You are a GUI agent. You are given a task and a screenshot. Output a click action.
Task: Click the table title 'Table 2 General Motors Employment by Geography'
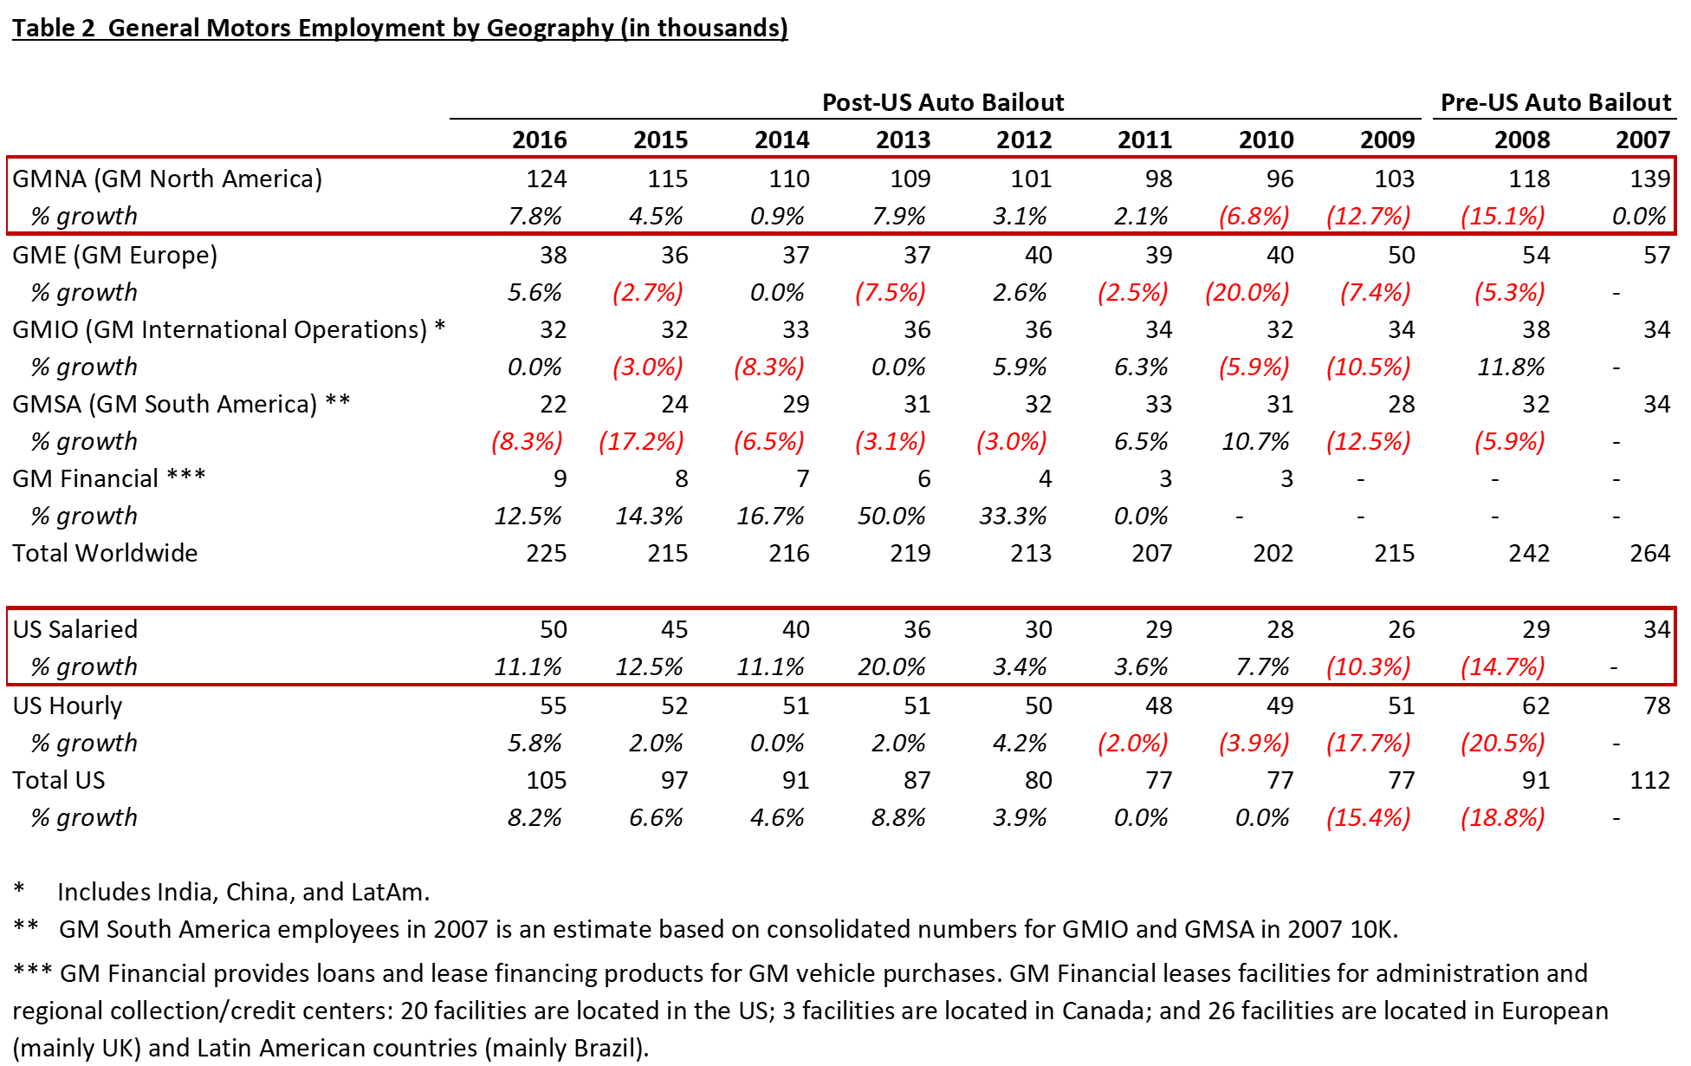tap(312, 28)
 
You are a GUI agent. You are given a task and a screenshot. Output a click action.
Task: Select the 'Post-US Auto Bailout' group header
tap(943, 102)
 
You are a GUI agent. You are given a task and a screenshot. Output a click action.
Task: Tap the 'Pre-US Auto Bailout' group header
tap(1555, 102)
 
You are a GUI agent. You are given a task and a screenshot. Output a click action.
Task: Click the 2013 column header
tap(903, 140)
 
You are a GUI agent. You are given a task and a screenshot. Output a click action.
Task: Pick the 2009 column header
tap(1387, 140)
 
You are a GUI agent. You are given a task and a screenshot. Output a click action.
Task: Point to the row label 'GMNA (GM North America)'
tap(167, 179)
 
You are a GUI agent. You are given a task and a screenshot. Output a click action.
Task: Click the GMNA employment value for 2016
tap(547, 179)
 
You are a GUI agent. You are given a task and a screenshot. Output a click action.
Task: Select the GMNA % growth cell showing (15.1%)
tap(1502, 216)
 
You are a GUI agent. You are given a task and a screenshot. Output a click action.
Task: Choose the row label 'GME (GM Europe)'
tap(115, 255)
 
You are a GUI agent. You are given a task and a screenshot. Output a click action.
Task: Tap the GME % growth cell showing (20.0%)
tap(1247, 292)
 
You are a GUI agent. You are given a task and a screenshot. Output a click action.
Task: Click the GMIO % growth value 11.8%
tap(1511, 367)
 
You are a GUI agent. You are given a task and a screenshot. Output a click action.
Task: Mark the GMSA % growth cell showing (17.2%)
tap(641, 441)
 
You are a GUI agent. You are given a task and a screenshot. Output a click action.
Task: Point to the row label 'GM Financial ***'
tap(109, 478)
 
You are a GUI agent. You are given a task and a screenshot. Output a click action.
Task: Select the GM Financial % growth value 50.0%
tap(891, 516)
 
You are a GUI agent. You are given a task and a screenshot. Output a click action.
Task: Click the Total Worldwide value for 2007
tap(1649, 553)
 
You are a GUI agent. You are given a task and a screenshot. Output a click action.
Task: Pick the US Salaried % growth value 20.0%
tap(891, 666)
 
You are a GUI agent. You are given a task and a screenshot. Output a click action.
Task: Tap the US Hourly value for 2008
tap(1536, 705)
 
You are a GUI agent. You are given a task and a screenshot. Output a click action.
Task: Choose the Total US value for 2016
tap(547, 780)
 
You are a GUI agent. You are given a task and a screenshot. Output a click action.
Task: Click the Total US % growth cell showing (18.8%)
tap(1502, 817)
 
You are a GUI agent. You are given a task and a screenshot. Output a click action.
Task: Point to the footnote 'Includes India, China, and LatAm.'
tap(243, 892)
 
